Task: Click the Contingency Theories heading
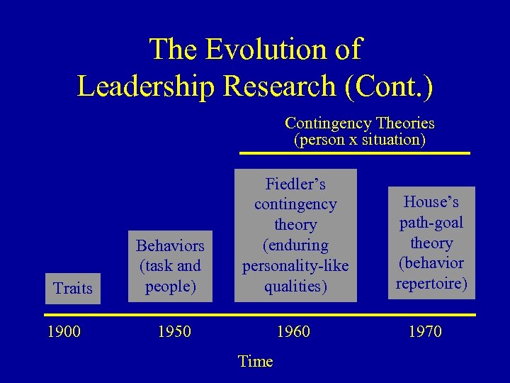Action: tap(359, 123)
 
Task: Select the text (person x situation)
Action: tap(359, 140)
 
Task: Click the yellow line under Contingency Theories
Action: tap(354, 152)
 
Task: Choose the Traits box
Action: tap(73, 288)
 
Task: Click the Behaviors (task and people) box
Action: tap(170, 266)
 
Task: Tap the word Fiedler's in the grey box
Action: tap(295, 184)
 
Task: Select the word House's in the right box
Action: tap(431, 202)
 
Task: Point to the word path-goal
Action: tap(431, 223)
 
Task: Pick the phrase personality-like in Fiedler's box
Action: tap(295, 266)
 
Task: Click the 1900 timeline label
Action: tap(63, 331)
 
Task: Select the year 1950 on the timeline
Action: tap(174, 331)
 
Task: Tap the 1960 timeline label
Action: tap(293, 331)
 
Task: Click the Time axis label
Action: tap(255, 362)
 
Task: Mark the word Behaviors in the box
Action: tap(170, 246)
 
